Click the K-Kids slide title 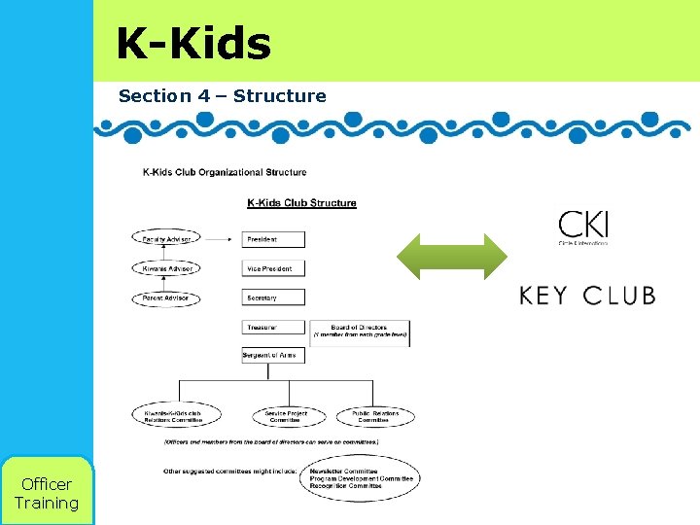193,44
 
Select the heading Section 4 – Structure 222,95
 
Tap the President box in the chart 273,239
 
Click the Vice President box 273,268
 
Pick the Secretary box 273,297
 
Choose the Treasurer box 273,328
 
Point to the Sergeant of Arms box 273,356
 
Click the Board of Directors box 359,332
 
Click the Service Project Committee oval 286,417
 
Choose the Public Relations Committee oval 374,417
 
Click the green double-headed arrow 452,258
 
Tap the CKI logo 583,227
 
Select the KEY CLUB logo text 587,296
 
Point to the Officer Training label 46,493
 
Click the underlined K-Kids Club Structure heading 301,203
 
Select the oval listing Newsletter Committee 360,478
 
